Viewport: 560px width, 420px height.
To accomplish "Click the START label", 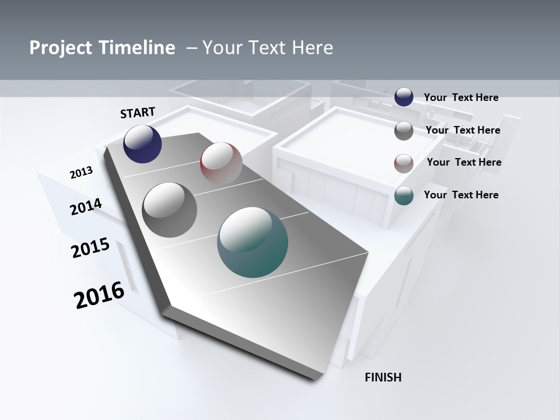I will (x=138, y=113).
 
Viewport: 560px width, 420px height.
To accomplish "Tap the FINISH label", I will (x=383, y=377).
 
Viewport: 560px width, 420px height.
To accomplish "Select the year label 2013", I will (x=81, y=173).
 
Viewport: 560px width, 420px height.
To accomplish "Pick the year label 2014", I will (x=86, y=207).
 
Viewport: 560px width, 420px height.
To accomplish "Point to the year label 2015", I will (x=90, y=248).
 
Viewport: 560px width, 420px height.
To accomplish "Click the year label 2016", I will (x=99, y=295).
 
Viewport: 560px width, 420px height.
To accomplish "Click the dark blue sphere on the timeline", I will (x=142, y=144).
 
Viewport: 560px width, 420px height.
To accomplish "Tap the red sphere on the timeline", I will (x=221, y=163).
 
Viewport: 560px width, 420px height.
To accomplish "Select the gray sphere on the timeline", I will (x=169, y=210).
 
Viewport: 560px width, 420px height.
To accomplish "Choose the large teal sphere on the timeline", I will (x=253, y=242).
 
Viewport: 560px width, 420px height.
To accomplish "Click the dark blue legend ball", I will (x=404, y=97).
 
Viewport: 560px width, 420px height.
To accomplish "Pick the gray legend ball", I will (x=404, y=131).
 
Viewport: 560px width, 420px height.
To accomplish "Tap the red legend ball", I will (x=404, y=163).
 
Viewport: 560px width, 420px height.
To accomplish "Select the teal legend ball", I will (x=404, y=196).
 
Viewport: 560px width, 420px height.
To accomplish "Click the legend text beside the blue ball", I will (x=461, y=97).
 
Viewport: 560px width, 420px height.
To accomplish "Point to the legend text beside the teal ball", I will (x=461, y=195).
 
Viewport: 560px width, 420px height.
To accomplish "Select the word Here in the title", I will (x=312, y=48).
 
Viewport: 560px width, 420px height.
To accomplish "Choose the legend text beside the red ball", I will (x=464, y=162).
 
